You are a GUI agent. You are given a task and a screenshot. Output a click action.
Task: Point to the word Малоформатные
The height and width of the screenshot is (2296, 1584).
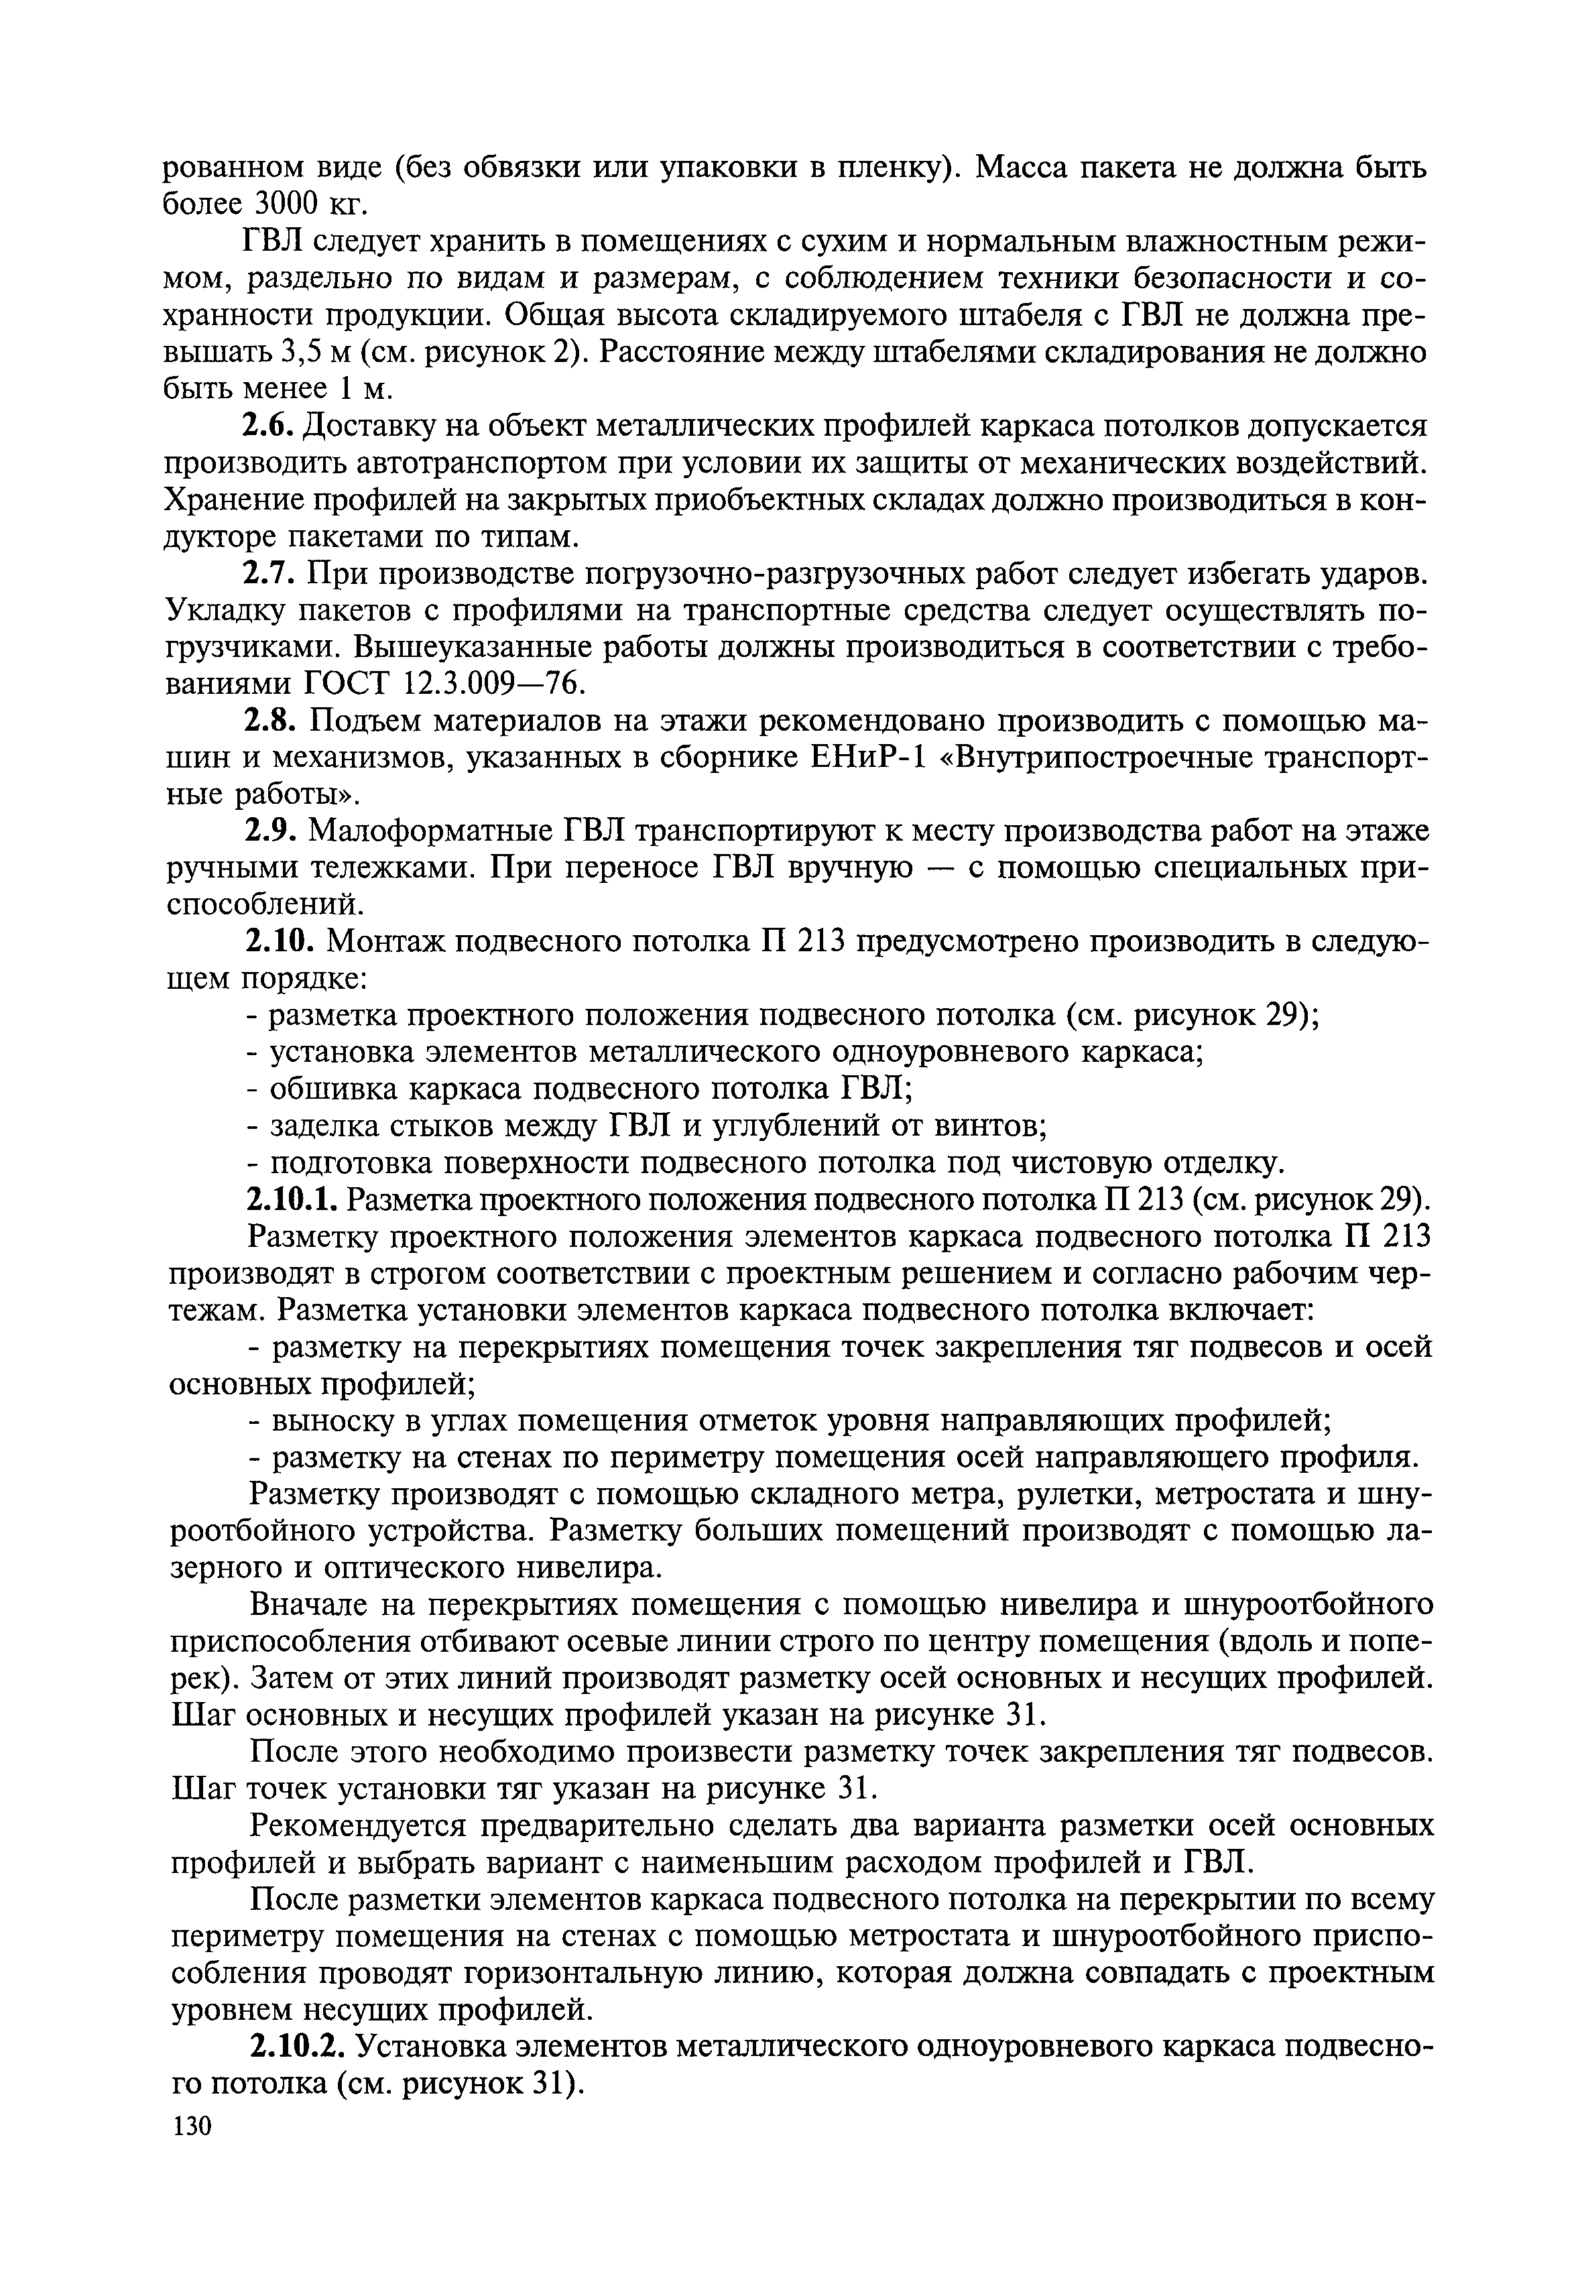click(433, 831)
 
